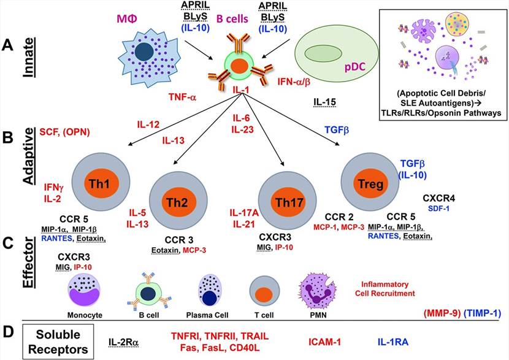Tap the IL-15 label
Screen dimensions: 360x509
(324, 101)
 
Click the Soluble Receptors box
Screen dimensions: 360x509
(55, 340)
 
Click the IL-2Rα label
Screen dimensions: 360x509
(125, 340)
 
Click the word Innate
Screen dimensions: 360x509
(30, 59)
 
